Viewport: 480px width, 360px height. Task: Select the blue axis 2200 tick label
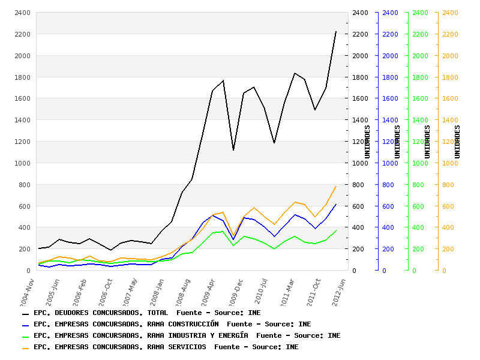390,34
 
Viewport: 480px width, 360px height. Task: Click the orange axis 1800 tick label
450,77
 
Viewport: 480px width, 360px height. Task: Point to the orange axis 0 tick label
445,271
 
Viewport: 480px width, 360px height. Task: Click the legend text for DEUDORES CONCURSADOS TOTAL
147,313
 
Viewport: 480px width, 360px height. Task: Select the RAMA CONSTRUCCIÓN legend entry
172,324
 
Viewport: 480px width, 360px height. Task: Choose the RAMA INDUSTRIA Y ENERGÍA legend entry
187,335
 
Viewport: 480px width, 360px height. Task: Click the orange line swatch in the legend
25,347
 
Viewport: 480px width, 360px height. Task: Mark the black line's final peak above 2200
336,32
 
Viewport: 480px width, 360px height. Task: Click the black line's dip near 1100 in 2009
233,150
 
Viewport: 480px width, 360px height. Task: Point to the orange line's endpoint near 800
336,186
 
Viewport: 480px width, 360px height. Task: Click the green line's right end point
337,230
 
